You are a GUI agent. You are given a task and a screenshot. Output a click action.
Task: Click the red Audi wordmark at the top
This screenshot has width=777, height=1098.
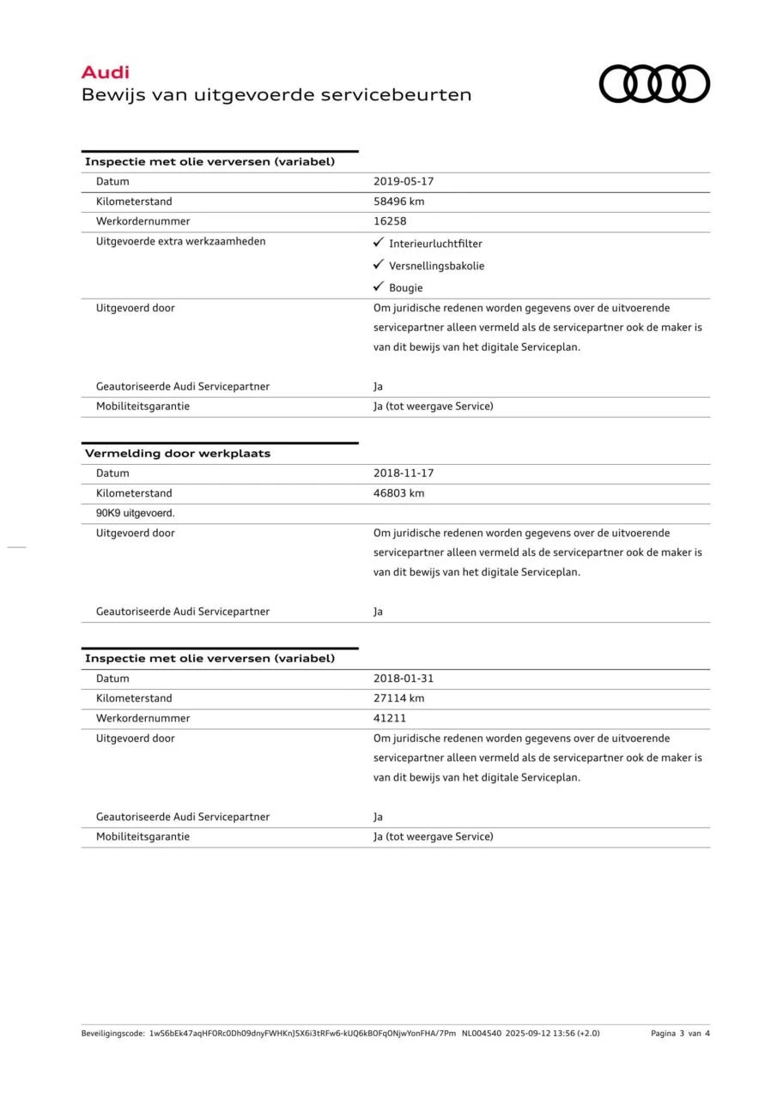105,73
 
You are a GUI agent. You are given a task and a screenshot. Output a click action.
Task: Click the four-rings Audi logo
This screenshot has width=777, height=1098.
654,84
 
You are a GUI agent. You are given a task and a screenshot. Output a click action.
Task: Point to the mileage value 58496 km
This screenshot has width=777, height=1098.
398,202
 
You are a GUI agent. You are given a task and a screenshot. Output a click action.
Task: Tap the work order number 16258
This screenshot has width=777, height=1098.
390,221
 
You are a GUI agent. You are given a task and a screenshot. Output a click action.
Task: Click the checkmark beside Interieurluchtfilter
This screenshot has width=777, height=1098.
378,244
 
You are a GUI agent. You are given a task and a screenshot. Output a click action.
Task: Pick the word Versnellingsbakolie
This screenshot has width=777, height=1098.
436,266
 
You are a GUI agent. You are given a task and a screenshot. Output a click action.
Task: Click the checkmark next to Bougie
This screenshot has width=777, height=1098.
378,287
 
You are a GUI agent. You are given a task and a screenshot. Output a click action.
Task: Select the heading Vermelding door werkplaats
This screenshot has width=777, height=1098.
177,454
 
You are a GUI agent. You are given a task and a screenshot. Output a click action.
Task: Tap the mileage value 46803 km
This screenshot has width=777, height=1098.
398,493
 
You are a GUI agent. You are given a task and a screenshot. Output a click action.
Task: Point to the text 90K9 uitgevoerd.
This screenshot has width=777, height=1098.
136,513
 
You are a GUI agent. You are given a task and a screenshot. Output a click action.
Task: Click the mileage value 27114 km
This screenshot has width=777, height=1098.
398,698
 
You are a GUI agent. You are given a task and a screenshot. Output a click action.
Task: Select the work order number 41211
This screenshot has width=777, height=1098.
390,718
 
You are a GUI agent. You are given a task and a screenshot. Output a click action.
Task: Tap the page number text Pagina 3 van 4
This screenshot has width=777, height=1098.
680,1034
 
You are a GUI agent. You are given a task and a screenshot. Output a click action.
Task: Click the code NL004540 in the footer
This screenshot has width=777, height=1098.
481,1034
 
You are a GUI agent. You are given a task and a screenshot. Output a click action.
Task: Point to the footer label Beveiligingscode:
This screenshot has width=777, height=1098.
113,1034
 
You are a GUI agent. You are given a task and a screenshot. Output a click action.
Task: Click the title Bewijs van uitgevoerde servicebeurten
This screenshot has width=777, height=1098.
276,95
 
